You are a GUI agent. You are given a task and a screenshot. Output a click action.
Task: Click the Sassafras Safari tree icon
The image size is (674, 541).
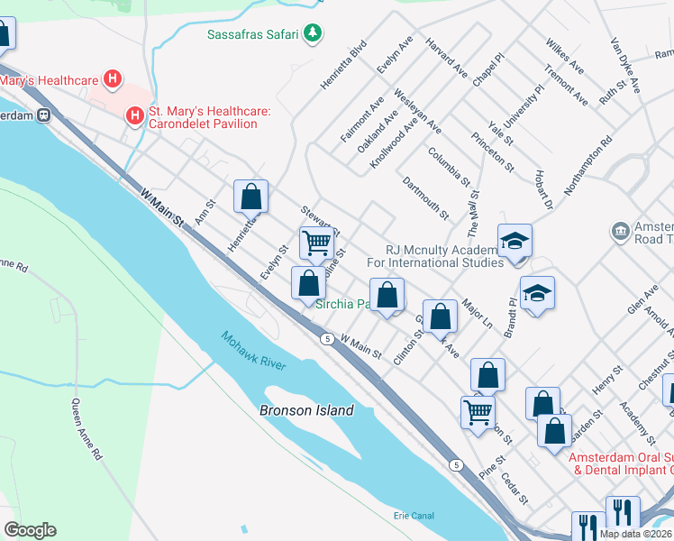[x=313, y=34]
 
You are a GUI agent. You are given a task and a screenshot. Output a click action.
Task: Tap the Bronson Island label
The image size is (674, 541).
[x=306, y=410]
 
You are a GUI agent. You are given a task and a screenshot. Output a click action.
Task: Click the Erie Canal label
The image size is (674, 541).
[x=414, y=515]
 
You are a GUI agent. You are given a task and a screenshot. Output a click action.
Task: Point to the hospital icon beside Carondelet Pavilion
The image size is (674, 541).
[x=134, y=115]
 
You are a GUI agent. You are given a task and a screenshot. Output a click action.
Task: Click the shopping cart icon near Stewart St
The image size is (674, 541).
[x=316, y=242]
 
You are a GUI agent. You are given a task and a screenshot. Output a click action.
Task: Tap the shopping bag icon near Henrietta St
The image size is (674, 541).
[x=251, y=196]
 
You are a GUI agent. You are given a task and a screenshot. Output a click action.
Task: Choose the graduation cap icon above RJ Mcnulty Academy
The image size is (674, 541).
[x=515, y=240]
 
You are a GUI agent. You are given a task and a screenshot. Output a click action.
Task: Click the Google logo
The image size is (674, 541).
[x=30, y=529]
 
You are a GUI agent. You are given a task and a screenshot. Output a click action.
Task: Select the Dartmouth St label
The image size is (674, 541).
[x=425, y=197]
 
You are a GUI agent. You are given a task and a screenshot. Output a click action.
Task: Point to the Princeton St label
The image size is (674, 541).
[x=492, y=151]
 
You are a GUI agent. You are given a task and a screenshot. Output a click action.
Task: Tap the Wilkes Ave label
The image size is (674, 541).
[x=564, y=56]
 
